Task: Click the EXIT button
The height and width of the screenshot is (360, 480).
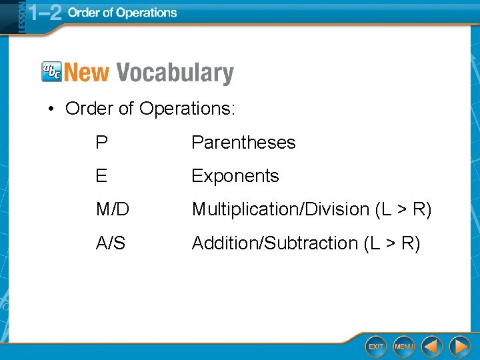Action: [x=376, y=347]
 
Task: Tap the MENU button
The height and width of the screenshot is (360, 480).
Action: [x=404, y=347]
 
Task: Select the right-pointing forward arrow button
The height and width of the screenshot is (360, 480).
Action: [x=459, y=347]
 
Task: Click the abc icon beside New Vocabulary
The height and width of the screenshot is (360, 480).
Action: [x=51, y=71]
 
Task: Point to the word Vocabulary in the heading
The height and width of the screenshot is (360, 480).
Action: [x=175, y=73]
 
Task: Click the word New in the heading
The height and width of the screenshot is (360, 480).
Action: [x=87, y=73]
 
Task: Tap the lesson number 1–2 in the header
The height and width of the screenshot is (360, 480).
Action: [x=45, y=13]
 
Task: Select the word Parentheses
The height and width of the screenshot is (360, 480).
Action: [x=243, y=143]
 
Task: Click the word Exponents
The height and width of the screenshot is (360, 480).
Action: [x=235, y=176]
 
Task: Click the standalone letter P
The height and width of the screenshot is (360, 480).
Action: [x=101, y=143]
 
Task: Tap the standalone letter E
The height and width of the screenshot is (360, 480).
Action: [x=101, y=176]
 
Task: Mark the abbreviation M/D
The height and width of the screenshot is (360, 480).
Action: [x=112, y=209]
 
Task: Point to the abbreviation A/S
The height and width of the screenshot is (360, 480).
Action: [x=110, y=243]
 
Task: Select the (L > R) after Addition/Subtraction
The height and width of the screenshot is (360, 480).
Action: [x=392, y=244]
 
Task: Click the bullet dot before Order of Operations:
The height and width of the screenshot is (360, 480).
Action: [x=50, y=109]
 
